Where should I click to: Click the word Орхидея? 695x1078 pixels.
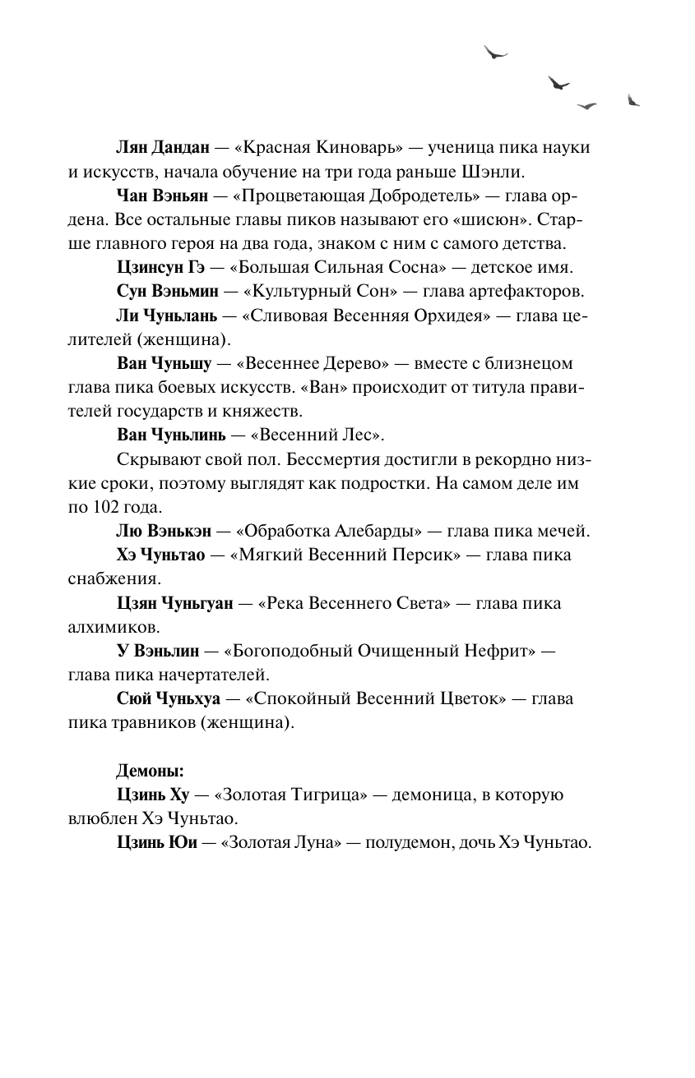435,317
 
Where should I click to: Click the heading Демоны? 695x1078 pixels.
150,772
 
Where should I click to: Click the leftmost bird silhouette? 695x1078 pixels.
495,53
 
